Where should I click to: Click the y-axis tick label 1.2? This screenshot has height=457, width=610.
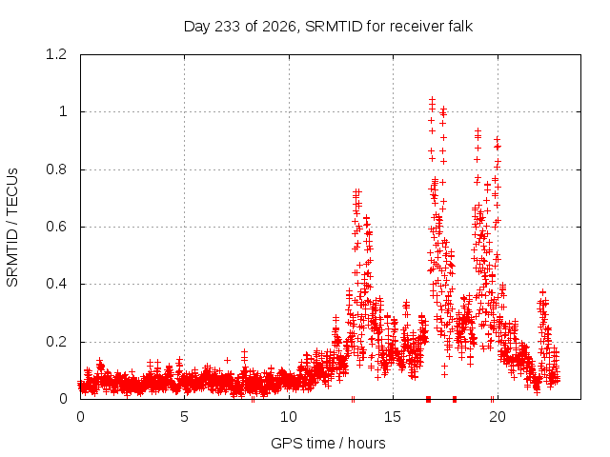56,54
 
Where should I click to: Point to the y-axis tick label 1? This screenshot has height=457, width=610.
64,112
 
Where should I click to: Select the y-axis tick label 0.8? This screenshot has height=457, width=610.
56,169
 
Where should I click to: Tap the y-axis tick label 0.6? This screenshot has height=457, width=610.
56,227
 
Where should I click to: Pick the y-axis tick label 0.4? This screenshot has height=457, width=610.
56,284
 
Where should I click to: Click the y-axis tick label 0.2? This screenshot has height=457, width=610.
56,342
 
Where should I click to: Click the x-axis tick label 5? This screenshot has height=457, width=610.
184,417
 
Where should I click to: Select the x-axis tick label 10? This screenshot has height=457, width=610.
289,417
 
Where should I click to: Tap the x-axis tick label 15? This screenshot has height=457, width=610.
393,417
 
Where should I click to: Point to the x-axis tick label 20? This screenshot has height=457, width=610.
498,417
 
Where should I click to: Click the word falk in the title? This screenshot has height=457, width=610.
460,27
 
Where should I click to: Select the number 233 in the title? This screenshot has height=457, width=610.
227,27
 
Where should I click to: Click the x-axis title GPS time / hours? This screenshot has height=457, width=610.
328,443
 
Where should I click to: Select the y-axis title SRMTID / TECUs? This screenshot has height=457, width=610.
12,228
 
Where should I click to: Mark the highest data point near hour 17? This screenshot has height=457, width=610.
432,99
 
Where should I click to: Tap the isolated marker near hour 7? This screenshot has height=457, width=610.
228,360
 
